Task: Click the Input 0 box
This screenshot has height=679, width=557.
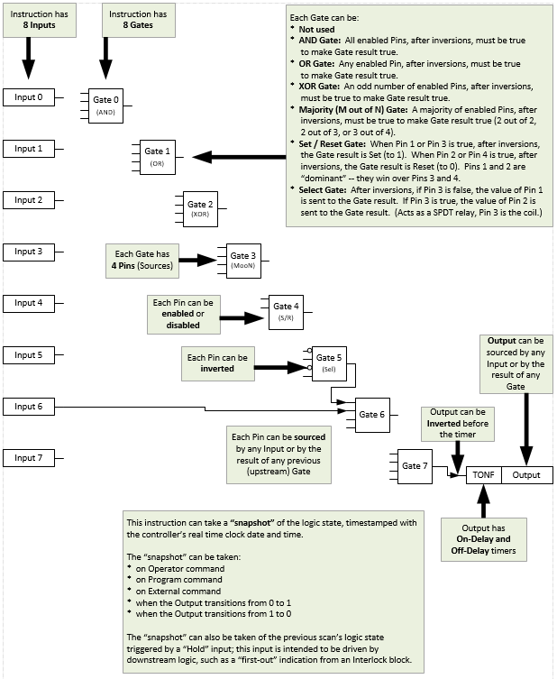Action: click(x=28, y=97)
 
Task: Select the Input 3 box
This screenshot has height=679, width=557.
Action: click(x=28, y=252)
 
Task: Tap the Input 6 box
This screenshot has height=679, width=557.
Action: click(x=28, y=407)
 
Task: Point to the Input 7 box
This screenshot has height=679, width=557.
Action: click(x=28, y=458)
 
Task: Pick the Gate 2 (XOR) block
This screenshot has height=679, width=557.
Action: click(x=200, y=209)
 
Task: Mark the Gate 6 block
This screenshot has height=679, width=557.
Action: click(x=378, y=414)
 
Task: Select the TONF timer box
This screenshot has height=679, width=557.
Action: click(x=482, y=474)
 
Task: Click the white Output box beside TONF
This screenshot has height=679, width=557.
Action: click(x=527, y=474)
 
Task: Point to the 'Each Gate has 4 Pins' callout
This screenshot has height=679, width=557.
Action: click(x=141, y=262)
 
